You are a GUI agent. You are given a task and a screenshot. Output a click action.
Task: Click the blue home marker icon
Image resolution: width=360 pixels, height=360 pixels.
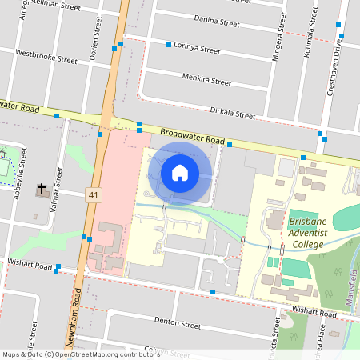[x=180, y=172]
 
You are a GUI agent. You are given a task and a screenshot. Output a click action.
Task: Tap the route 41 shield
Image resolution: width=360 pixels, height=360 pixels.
[x=94, y=194]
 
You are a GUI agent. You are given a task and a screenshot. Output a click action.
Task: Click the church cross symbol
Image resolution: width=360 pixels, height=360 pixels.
[x=42, y=190]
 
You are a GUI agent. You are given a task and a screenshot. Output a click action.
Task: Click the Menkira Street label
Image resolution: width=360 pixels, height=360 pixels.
[x=206, y=82]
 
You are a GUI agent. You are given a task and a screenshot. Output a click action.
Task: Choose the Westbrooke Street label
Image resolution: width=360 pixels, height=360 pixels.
[x=46, y=57]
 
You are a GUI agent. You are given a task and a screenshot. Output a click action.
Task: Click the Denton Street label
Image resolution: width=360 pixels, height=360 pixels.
[x=179, y=326]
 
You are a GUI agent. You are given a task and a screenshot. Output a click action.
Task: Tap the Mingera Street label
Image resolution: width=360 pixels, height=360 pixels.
[x=281, y=36]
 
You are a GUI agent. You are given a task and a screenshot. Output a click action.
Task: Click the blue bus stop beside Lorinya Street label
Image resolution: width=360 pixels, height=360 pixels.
[x=169, y=45]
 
